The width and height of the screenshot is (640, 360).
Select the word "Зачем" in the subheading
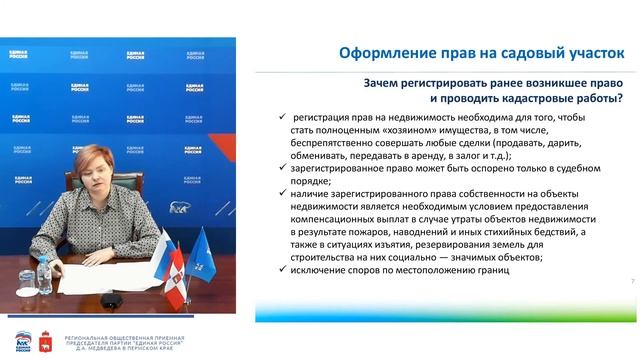(359, 83)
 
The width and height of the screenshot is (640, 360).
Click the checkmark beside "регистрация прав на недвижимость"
(283, 118)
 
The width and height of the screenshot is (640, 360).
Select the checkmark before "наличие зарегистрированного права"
(283, 194)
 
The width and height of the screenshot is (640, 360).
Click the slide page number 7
(633, 281)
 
